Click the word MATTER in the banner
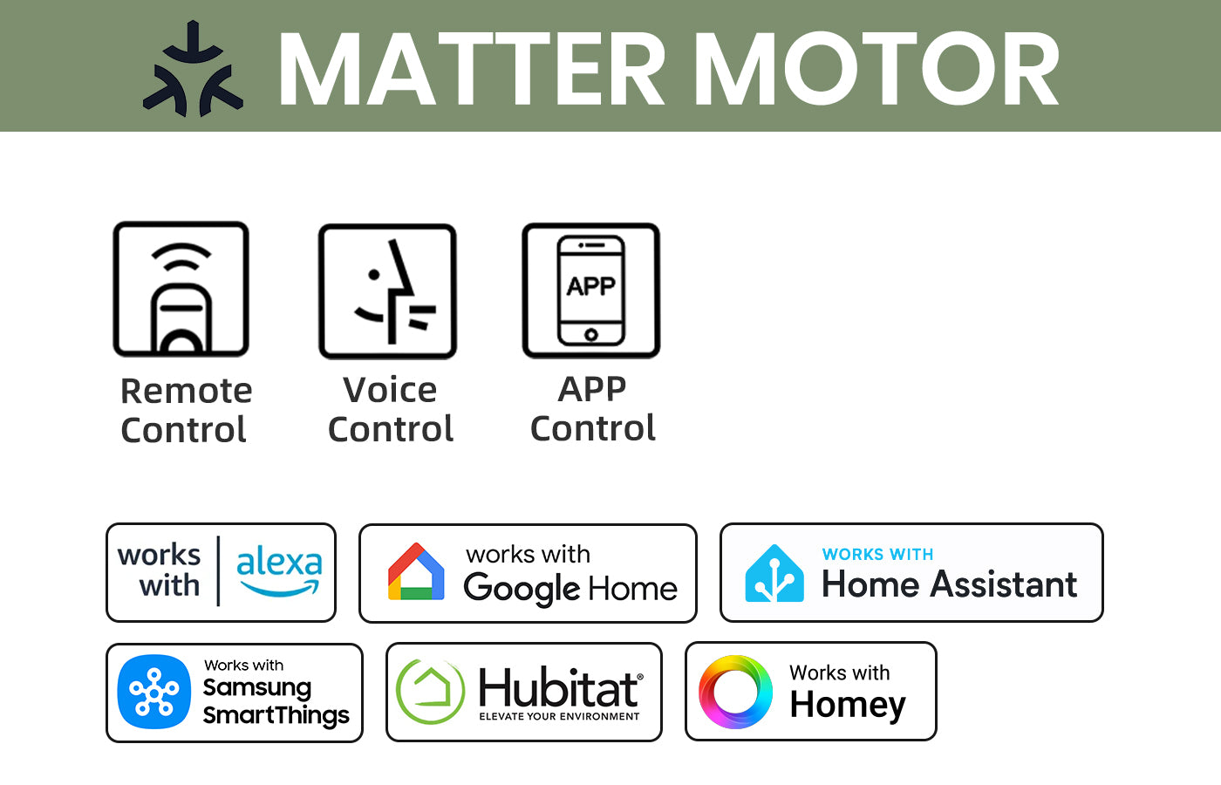coord(472,69)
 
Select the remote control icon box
coord(181,289)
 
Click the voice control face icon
coord(387,291)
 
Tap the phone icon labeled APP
coord(591,290)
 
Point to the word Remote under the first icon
coord(187,391)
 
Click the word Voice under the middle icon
coord(390,390)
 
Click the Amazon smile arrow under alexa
coord(280,589)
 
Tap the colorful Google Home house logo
coord(416,571)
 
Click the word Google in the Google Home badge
coord(522,589)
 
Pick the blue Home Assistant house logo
coord(774,573)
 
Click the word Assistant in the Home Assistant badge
coord(1004,584)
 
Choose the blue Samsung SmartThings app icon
coord(154,692)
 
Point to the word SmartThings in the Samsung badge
coord(276,715)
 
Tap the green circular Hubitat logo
coord(430,691)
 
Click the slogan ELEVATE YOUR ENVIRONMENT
coord(559,716)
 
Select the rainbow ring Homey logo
coord(735,692)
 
